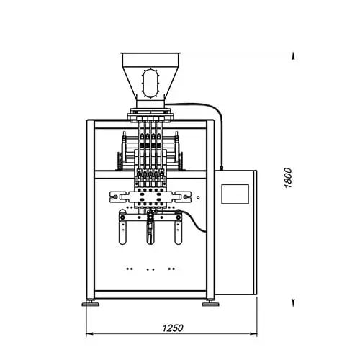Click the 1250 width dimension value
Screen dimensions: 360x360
173,328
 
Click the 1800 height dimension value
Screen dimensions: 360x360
288,178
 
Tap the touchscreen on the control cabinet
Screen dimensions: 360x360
235,194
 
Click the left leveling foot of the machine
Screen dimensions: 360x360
91,304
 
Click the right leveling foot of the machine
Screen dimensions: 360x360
210,304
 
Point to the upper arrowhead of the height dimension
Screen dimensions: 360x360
293,56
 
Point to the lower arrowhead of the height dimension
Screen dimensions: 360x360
293,303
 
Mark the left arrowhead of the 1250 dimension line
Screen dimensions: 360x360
89,333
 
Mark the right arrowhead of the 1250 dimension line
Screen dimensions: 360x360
253,333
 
